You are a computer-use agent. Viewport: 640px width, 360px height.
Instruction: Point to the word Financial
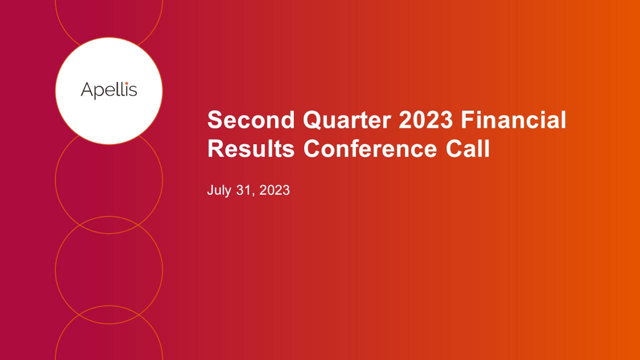(x=513, y=120)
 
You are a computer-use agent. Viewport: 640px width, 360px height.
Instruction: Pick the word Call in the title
(x=468, y=149)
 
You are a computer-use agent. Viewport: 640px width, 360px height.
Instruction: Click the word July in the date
(x=217, y=190)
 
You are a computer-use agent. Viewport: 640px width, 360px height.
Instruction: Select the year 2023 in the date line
(x=274, y=190)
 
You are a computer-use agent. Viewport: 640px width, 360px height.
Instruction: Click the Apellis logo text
(x=109, y=91)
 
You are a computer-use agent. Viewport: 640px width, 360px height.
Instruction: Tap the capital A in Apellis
(x=87, y=90)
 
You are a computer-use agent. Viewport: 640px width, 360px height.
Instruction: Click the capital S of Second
(x=215, y=120)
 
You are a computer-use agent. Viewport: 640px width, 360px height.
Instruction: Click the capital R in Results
(x=216, y=149)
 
